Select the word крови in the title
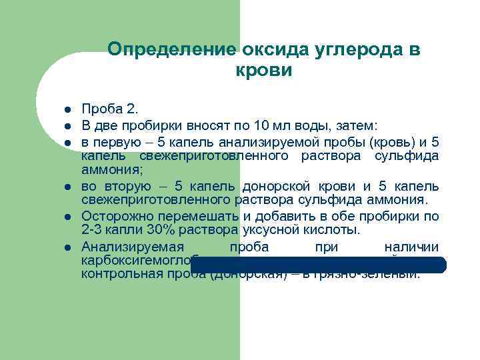[264, 70]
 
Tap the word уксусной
[271, 231]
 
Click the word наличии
[411, 247]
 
